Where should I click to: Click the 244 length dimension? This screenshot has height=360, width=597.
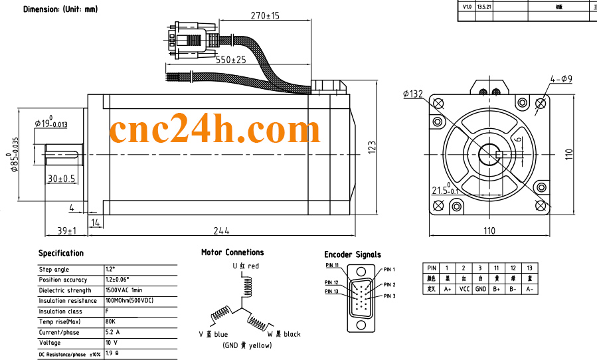[221, 230]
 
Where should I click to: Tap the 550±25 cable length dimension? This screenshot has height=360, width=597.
[230, 60]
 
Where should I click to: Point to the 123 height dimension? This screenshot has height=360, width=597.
[373, 146]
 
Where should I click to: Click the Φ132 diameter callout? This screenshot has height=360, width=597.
[412, 94]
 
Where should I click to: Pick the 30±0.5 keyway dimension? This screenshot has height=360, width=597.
[62, 179]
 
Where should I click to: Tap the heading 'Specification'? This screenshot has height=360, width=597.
[61, 253]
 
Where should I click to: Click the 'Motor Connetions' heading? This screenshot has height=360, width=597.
[232, 252]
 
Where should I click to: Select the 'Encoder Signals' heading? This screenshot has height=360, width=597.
[353, 254]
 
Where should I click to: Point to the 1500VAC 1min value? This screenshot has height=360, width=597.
[124, 290]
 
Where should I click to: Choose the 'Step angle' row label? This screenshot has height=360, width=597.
[54, 270]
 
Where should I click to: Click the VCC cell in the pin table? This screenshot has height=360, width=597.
[464, 290]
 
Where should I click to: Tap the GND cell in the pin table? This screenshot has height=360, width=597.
[480, 290]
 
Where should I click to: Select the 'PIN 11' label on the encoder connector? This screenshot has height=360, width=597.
[332, 265]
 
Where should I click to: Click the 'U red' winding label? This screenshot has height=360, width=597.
[246, 266]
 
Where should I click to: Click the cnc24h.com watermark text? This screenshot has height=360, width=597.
[214, 131]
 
